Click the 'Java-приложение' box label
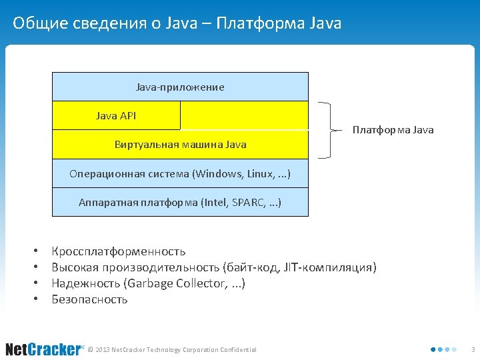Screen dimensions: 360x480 coord(180,87)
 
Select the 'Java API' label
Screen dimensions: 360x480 coord(116,116)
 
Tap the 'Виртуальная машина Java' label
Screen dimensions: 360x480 coord(180,145)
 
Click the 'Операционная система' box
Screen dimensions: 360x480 coord(180,174)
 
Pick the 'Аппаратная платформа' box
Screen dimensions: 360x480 coord(180,202)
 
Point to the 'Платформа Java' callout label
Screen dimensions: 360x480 coord(393,130)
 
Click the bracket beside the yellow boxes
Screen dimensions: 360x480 coord(327,130)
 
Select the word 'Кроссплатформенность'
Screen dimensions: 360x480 coord(119,251)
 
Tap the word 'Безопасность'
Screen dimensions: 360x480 coord(89,299)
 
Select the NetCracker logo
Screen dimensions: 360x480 coord(43,349)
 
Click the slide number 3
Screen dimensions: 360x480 coord(473,349)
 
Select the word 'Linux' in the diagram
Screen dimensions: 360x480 coord(260,174)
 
